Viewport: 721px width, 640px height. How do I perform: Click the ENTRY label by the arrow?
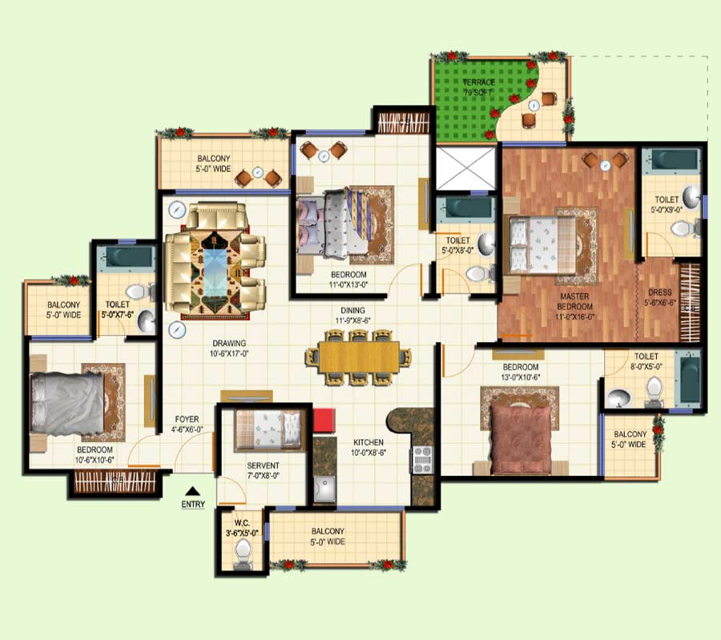click(x=193, y=505)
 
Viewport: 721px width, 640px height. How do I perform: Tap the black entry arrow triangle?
click(x=192, y=491)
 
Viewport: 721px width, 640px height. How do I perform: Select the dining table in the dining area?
click(x=358, y=356)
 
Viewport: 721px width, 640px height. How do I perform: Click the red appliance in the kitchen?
click(x=323, y=421)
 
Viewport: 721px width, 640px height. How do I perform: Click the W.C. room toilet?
click(x=243, y=551)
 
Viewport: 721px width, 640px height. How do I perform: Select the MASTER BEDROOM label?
click(x=576, y=302)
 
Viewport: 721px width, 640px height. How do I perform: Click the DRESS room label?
click(x=660, y=298)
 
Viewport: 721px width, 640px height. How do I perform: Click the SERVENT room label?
click(x=263, y=465)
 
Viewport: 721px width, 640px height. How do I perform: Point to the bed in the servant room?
click(x=268, y=430)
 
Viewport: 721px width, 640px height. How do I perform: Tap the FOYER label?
click(x=187, y=425)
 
